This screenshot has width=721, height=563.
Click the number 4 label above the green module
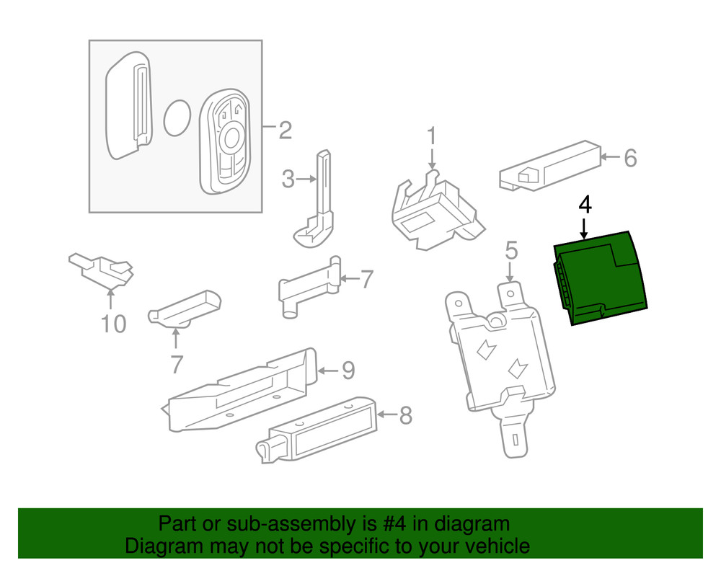585,205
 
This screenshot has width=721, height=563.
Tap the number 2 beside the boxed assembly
285,130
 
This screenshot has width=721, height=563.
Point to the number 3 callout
288,179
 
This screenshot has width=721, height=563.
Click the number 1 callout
432,135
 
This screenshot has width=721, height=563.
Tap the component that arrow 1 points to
433,209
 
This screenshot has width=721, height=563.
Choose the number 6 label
629,158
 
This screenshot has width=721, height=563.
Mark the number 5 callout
510,252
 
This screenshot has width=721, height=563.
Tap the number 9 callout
348,371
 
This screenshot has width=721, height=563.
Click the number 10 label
112,324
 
